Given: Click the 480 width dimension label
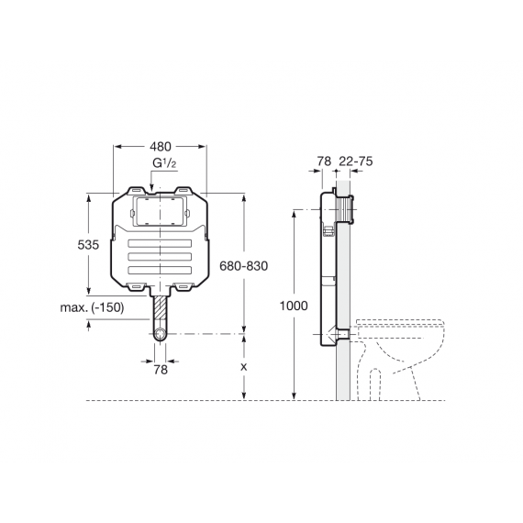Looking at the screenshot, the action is [160, 147].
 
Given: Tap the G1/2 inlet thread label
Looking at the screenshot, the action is [164, 163].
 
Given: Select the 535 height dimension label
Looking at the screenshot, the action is [88, 245].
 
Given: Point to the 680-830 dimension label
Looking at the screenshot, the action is [244, 266].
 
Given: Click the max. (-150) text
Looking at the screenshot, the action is [92, 307].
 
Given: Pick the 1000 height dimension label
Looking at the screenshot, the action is [294, 306].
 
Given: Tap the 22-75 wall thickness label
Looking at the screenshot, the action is [356, 161].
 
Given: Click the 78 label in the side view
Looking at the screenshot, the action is [324, 161].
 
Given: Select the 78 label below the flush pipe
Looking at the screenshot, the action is [161, 370].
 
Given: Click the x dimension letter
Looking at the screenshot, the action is [244, 367].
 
